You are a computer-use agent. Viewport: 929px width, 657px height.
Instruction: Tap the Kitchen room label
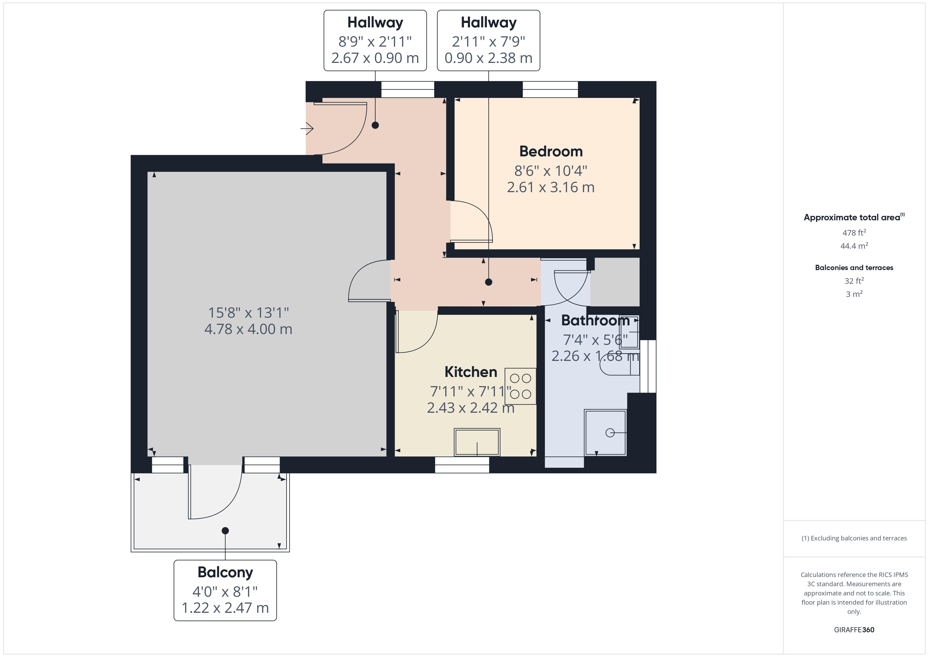(471, 372)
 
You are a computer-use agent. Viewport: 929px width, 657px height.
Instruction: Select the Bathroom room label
(595, 320)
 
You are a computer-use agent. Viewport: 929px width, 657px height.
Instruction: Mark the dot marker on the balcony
(225, 530)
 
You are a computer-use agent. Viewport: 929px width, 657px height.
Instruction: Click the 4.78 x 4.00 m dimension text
(248, 329)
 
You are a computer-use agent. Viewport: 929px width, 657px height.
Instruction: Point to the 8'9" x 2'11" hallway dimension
(375, 42)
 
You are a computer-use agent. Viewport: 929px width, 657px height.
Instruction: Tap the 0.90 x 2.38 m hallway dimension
(488, 58)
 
